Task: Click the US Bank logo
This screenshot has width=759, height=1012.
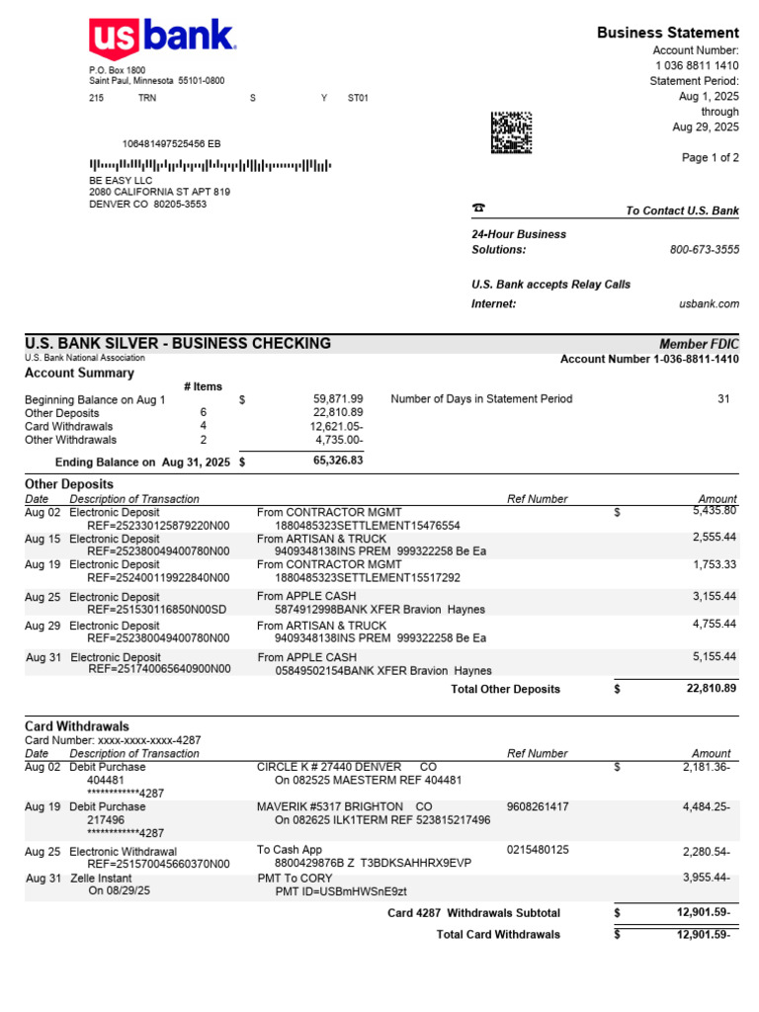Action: click(x=162, y=40)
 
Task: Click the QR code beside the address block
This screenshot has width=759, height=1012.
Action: click(x=511, y=132)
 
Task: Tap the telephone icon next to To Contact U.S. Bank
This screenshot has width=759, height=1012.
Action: click(x=478, y=209)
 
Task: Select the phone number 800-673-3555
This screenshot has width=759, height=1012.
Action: click(x=704, y=250)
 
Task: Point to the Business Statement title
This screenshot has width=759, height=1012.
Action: click(x=667, y=33)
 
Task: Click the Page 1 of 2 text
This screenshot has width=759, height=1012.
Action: click(x=710, y=158)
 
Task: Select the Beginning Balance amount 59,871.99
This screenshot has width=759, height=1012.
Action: click(x=339, y=399)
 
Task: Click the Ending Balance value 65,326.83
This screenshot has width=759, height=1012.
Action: click(x=338, y=461)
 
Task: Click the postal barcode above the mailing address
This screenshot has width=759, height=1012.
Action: click(x=211, y=165)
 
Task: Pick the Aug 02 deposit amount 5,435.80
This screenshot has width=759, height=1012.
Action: click(x=715, y=511)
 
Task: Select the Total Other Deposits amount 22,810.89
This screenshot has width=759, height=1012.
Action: click(x=712, y=688)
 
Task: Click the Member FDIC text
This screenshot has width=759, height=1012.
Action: click(x=699, y=344)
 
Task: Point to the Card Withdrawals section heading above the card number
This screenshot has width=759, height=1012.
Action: click(x=76, y=726)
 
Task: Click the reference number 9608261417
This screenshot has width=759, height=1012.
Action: click(x=538, y=807)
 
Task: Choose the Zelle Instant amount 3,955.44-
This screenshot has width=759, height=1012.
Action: click(x=706, y=878)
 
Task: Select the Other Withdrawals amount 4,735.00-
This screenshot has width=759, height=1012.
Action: click(x=339, y=440)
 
